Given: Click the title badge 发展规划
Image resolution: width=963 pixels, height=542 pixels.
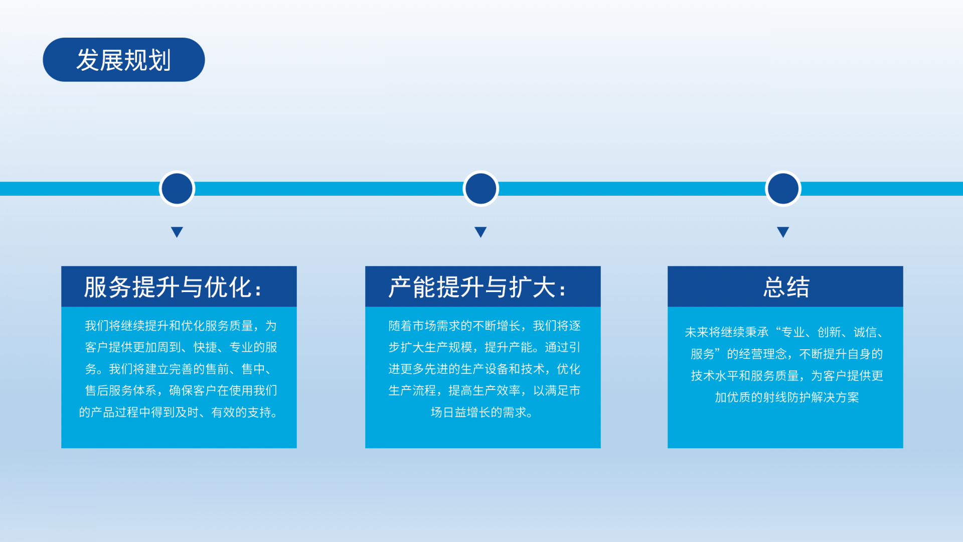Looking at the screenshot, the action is pyautogui.click(x=124, y=60).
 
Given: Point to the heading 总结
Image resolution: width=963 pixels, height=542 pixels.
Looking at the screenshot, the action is pyautogui.click(x=786, y=287).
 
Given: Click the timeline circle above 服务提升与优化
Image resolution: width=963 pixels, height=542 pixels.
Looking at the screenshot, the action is pyautogui.click(x=177, y=189).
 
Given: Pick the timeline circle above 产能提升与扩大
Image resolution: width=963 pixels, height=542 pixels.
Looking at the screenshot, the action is pyautogui.click(x=480, y=189).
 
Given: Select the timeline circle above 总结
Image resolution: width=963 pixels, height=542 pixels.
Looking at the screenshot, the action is pyautogui.click(x=783, y=189).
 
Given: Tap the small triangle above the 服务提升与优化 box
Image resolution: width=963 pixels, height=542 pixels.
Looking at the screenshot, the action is pyautogui.click(x=177, y=231).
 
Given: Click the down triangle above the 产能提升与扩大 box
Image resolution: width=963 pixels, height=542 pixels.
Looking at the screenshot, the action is pyautogui.click(x=480, y=231).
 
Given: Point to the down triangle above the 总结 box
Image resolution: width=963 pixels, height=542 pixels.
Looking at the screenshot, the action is pyautogui.click(x=783, y=231).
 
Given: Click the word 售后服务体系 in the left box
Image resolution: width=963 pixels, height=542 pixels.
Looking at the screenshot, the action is pyautogui.click(x=121, y=390).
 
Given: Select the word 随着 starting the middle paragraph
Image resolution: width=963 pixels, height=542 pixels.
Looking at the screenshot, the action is pyautogui.click(x=400, y=326).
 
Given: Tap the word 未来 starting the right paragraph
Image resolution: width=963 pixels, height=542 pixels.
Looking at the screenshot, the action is pyautogui.click(x=697, y=332).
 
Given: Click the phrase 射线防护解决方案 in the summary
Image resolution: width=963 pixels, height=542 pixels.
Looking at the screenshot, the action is pyautogui.click(x=811, y=397).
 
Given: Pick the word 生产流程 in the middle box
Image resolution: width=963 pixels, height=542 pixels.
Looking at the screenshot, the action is pyautogui.click(x=412, y=390).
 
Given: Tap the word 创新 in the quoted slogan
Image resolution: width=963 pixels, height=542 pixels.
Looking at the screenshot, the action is pyautogui.click(x=829, y=332).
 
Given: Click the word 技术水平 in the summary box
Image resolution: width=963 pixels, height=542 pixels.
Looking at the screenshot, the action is pyautogui.click(x=715, y=375).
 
